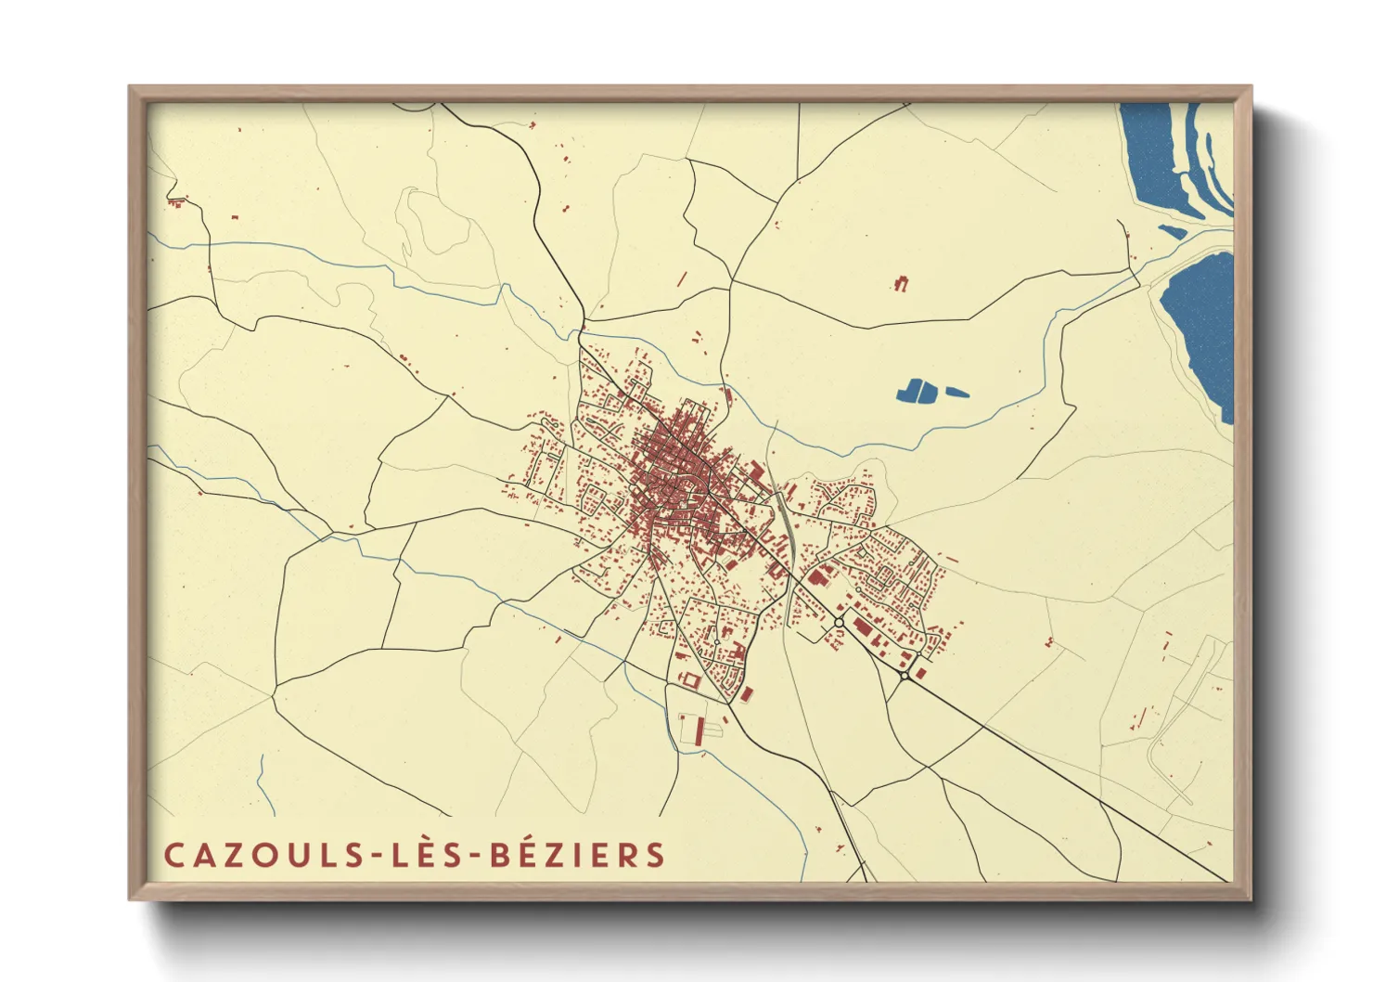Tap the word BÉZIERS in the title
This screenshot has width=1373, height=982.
(577, 855)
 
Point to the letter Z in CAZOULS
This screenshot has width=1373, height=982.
(222, 855)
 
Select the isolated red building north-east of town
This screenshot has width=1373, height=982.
(900, 283)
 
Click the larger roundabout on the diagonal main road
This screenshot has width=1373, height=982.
(839, 622)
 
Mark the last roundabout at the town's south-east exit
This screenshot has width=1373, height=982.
(905, 675)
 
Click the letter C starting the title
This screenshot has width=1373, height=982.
(173, 855)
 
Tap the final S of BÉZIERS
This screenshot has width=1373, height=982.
(657, 855)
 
